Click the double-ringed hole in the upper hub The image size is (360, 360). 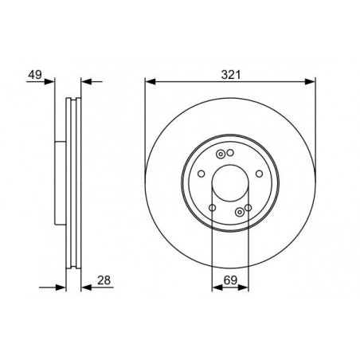(220, 154)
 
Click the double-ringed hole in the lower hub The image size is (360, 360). (240, 210)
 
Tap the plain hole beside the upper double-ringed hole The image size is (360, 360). (229, 153)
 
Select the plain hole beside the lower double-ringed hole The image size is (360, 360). (248, 209)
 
